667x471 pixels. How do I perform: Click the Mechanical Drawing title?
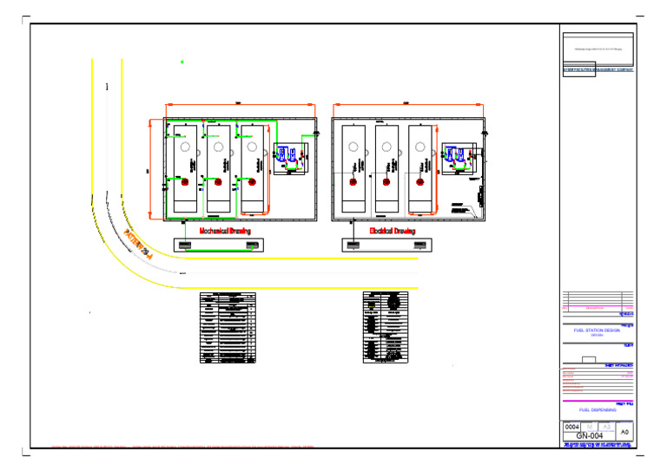225,232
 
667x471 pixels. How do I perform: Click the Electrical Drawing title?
392,232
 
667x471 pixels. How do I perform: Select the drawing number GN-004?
590,435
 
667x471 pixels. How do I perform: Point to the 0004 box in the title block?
572,427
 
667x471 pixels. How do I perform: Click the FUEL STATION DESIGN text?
598,330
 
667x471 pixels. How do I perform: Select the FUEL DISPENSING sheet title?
598,409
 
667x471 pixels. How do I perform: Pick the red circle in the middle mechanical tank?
218,182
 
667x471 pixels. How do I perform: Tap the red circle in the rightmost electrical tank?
419,182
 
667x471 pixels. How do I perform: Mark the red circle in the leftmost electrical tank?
353,182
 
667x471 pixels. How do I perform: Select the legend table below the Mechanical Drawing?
227,328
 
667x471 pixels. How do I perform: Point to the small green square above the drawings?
182,62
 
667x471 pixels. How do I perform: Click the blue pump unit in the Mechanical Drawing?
287,157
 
